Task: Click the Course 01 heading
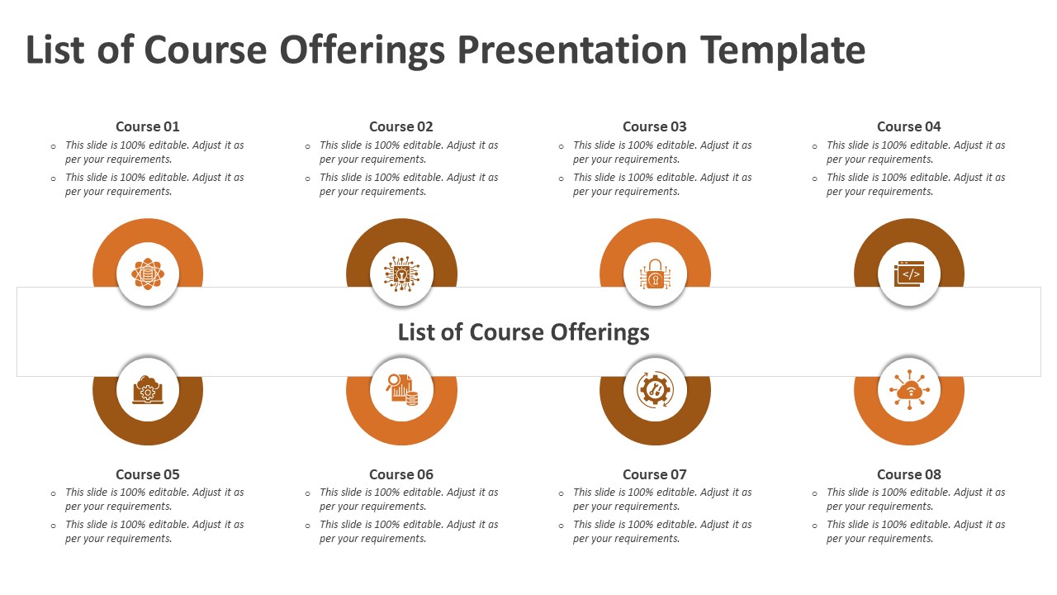tap(148, 126)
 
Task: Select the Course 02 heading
tap(401, 126)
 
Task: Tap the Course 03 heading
tap(655, 126)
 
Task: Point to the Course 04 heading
tap(909, 126)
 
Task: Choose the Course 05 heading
tap(148, 474)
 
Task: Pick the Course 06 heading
tap(401, 474)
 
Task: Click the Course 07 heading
tap(655, 474)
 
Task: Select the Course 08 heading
tap(909, 474)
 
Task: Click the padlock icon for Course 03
tap(655, 274)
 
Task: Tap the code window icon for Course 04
tap(909, 274)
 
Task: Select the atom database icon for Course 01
tap(148, 274)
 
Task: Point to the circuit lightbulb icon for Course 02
tap(401, 274)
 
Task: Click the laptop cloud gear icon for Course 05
tap(148, 390)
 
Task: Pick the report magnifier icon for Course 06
tap(402, 390)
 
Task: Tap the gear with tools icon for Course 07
tap(655, 390)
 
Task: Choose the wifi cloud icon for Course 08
tap(909, 390)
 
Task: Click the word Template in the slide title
tap(783, 51)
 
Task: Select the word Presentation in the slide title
tap(572, 50)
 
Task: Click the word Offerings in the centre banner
tap(600, 333)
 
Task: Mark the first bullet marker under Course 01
tap(54, 147)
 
